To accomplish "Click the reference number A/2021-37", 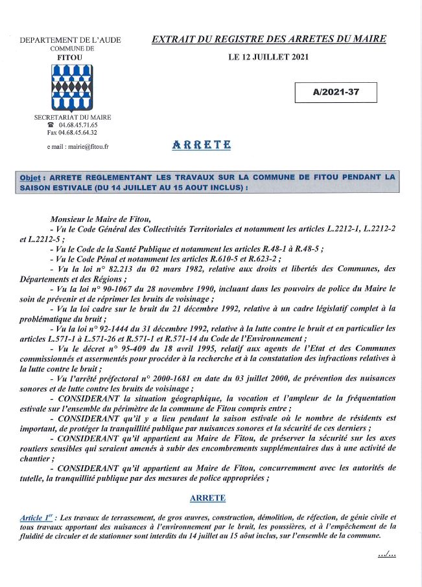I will coord(335,93).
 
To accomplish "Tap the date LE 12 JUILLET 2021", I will coord(269,58).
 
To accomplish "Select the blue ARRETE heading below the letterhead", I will coord(202,145).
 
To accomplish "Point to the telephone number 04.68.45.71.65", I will coord(78,125).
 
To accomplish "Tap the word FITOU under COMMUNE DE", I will coord(72,57).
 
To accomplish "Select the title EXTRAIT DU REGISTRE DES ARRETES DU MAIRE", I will coord(268,39).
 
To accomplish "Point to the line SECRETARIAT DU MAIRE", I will coord(72,117).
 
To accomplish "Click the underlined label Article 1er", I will coord(37,518).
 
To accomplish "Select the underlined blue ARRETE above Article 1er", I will coord(207,498).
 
